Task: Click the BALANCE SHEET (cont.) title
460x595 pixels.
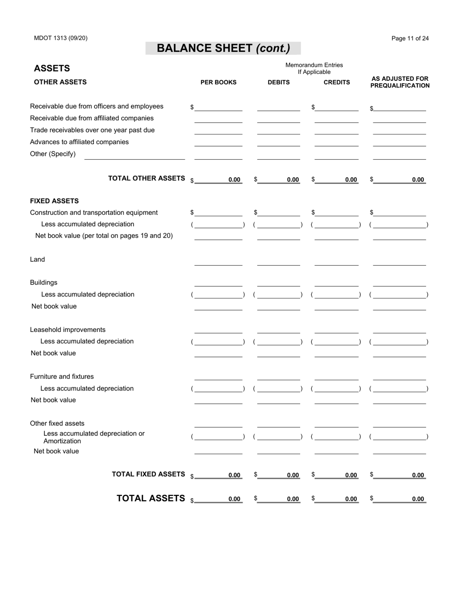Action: coord(223,48)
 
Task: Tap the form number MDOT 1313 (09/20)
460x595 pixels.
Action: coord(61,38)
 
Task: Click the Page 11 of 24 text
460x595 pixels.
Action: coord(410,39)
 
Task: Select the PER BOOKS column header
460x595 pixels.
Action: coord(218,82)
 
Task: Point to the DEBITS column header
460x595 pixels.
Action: coord(279,82)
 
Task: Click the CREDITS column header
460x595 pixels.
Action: coord(337,82)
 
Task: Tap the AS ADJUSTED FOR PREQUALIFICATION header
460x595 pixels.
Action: coord(400,82)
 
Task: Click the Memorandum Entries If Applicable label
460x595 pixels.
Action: coord(314,68)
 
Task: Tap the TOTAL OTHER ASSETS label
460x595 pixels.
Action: coord(147,178)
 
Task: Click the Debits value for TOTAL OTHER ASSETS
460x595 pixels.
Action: coord(279,179)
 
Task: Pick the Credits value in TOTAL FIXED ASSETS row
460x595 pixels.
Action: coord(337,475)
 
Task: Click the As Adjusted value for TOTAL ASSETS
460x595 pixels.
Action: coord(400,499)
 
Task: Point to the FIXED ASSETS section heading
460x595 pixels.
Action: coord(54,201)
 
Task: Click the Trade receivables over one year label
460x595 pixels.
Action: coord(92,130)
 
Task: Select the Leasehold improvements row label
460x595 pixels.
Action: coord(68,330)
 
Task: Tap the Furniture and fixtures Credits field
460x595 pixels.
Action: coord(337,376)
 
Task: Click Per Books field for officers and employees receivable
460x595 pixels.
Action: coord(218,107)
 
